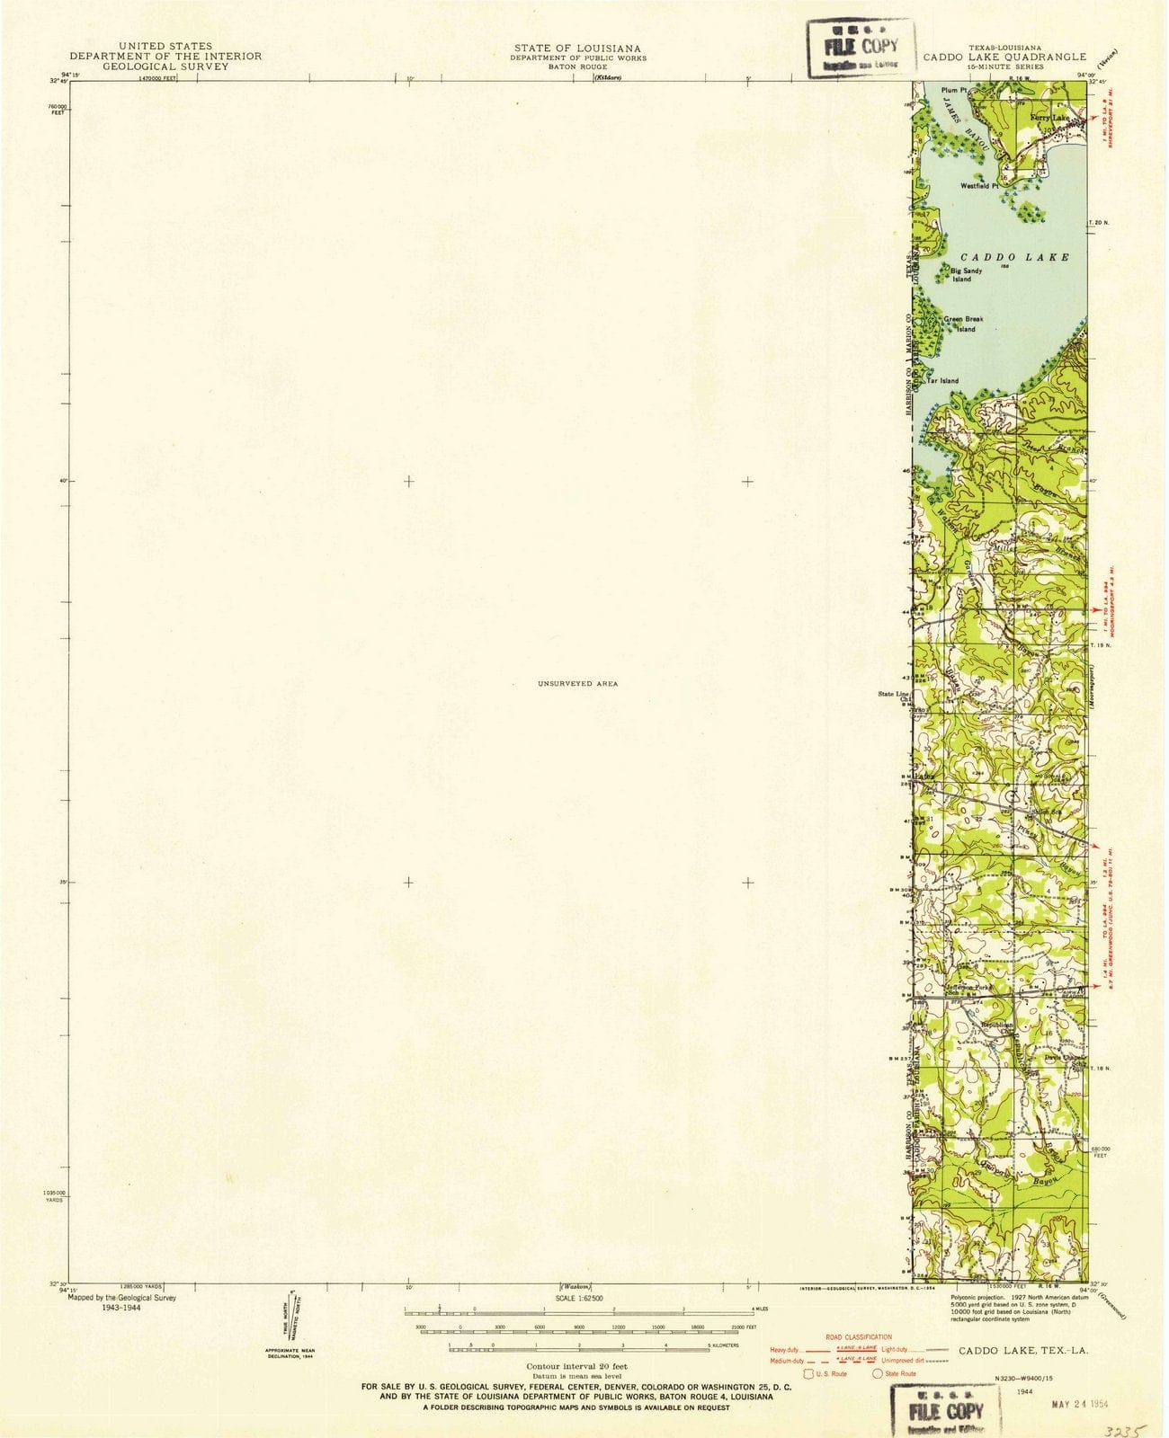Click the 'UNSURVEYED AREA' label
(x=577, y=684)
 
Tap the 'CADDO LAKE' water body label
(x=1015, y=257)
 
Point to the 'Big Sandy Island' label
(x=961, y=275)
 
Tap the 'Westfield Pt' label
(x=978, y=186)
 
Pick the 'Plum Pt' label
(x=952, y=91)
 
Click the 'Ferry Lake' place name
(x=1048, y=119)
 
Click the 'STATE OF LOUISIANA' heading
(x=577, y=47)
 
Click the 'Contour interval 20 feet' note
(x=577, y=1365)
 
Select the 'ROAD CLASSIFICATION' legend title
(x=859, y=1337)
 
